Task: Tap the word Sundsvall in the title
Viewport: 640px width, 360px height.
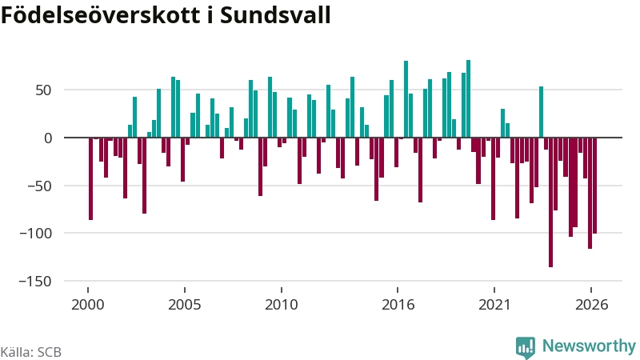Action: [x=275, y=15]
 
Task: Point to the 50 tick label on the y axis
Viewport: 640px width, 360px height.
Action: [x=44, y=90]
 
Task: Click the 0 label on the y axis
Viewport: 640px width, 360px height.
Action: [x=48, y=138]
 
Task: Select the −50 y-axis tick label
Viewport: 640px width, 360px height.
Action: [x=39, y=186]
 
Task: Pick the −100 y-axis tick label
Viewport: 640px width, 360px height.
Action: [x=35, y=234]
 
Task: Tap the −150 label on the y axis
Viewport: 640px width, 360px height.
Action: [x=35, y=282]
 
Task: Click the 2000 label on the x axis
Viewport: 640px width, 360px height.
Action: [x=88, y=305]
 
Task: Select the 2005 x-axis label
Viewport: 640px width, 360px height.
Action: [x=185, y=305]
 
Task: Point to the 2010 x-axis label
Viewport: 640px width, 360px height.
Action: [x=282, y=305]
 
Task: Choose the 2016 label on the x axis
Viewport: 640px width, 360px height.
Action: [x=398, y=305]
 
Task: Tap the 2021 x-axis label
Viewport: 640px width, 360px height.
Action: [x=494, y=305]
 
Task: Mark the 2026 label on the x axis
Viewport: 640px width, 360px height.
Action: [x=591, y=305]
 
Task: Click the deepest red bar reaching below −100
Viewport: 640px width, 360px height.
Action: [x=550, y=202]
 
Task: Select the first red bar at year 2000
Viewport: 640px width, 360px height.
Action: [x=90, y=178]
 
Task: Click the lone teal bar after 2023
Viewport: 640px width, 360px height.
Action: [x=542, y=112]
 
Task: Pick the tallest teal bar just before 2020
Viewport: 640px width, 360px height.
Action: [x=469, y=98]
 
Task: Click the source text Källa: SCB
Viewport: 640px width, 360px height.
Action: [x=31, y=352]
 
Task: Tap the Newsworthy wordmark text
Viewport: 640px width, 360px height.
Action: [x=589, y=346]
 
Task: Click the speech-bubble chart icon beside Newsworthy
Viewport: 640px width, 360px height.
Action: [x=526, y=348]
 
